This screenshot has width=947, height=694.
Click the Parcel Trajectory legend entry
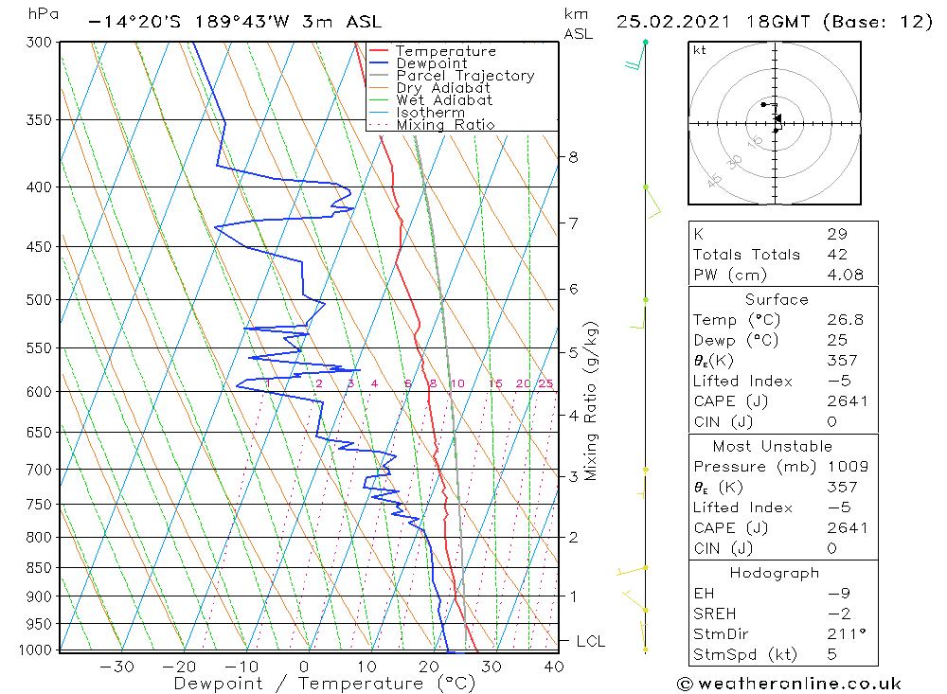click(464, 76)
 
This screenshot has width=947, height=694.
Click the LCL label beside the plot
click(590, 642)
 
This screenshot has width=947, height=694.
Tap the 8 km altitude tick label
click(574, 157)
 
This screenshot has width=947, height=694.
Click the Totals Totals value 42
click(836, 255)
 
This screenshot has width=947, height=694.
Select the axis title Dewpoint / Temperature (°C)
click(324, 683)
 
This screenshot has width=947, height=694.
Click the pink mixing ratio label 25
click(545, 383)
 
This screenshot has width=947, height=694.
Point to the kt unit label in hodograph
click(700, 50)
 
